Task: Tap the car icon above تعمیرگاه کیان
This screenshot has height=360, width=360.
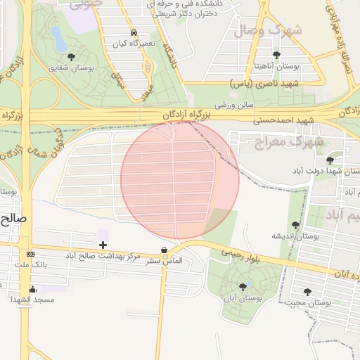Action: [134, 33]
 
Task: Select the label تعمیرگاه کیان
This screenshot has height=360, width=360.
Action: [134, 44]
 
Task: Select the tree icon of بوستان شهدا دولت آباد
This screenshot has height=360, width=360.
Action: [330, 160]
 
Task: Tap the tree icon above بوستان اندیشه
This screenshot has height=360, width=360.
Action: [295, 225]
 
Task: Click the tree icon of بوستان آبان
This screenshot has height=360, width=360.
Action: [243, 286]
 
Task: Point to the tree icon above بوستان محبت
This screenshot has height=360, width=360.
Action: [307, 291]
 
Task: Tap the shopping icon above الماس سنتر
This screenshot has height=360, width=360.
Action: [164, 250]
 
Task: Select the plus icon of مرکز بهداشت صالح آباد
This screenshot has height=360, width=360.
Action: [103, 245]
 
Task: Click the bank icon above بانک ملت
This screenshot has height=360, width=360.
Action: [30, 254]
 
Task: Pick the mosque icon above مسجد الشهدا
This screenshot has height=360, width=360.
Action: [32, 289]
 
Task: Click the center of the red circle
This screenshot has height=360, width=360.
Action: [180, 180]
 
